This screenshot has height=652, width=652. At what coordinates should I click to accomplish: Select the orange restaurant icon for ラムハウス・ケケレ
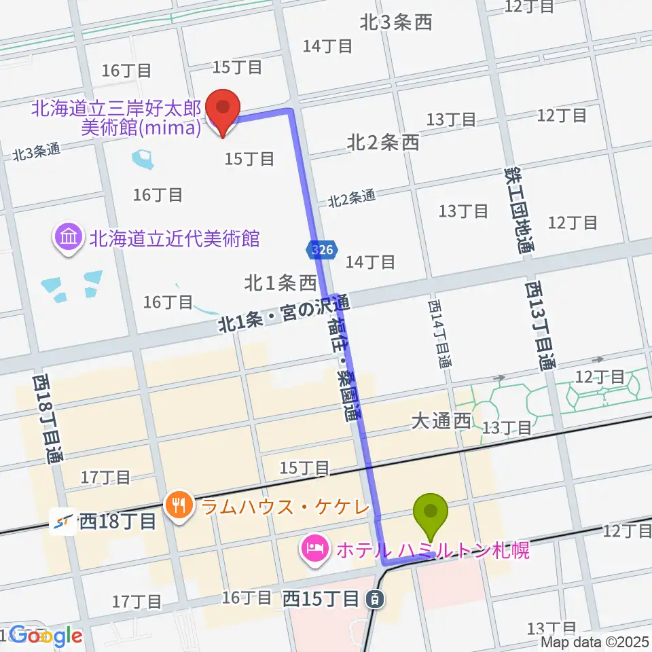(x=178, y=505)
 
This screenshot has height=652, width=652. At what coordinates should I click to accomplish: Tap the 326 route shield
(x=322, y=250)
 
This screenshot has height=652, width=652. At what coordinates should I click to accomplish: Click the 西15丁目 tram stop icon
(x=373, y=599)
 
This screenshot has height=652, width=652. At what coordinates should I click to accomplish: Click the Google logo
(x=46, y=636)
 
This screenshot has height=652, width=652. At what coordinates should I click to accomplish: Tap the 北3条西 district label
(x=396, y=23)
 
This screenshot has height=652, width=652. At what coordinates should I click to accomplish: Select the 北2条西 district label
(x=382, y=142)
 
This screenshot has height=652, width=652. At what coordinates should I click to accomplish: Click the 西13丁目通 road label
(x=538, y=326)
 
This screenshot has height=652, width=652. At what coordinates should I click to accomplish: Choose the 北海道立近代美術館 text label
(x=175, y=238)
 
